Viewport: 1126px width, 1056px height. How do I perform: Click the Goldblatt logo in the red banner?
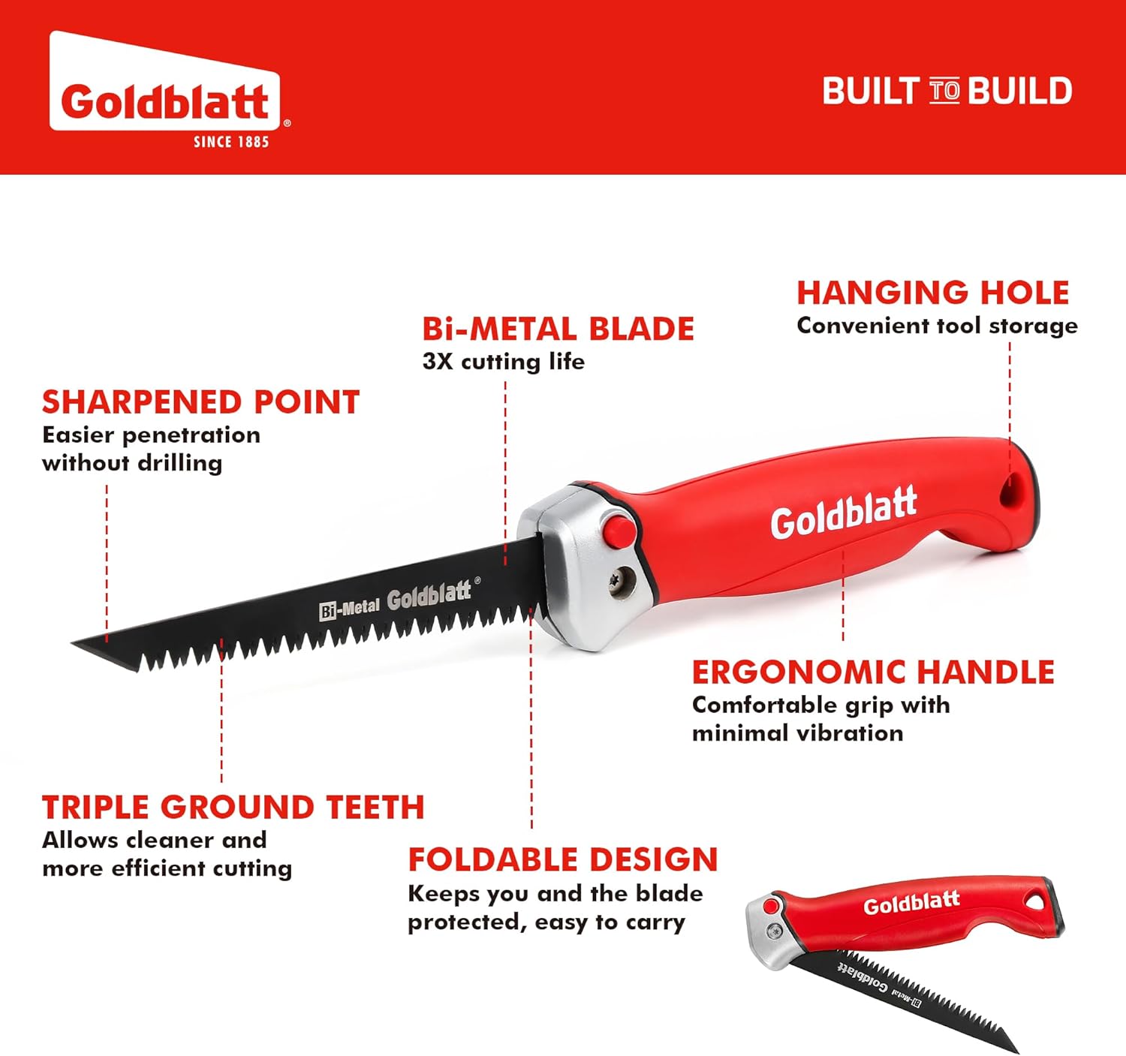165,101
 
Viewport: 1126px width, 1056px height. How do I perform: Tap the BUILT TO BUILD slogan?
947,92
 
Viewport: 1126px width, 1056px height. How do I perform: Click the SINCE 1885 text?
230,142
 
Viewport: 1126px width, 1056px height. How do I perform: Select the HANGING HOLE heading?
932,293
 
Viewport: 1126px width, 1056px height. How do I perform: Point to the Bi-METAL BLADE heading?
558,329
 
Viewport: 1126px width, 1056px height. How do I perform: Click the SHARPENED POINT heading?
200,402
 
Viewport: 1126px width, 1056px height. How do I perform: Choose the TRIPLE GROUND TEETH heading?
233,808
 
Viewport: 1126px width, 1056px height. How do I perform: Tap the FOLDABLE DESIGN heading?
563,859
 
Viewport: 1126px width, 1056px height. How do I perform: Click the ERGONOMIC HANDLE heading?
873,672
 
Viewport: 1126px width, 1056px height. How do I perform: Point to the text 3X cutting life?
503,362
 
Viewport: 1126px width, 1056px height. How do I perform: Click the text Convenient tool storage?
937,326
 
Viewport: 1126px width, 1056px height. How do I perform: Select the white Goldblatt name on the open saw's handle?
843,513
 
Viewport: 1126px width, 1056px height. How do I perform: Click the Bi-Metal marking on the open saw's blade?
349,609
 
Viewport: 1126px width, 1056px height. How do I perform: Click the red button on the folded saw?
770,907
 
